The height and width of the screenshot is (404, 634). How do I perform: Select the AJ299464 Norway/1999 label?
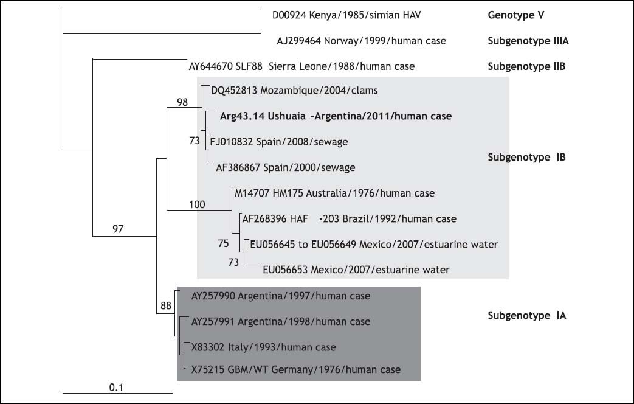(361, 41)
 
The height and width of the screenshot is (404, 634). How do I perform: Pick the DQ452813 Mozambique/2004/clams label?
(294, 91)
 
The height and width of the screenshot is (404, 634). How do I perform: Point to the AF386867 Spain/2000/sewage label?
(286, 167)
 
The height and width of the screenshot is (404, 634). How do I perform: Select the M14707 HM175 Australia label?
(335, 193)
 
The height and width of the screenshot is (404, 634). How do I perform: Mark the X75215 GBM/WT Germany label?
(296, 369)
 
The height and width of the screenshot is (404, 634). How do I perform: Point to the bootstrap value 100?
(197, 205)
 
